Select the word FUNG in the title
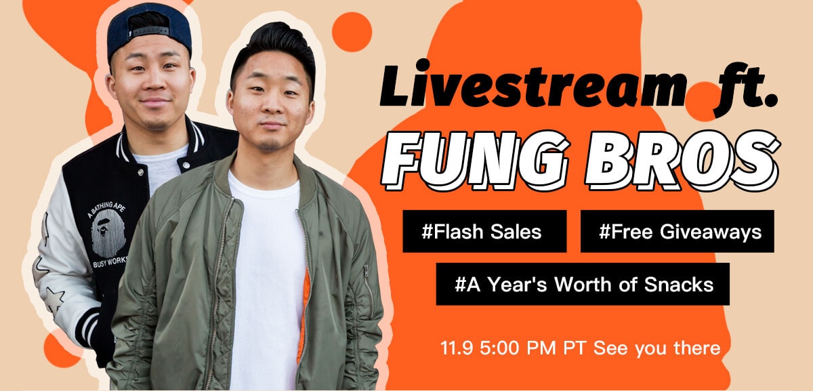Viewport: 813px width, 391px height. [x=474, y=159]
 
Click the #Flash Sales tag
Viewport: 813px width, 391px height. [x=484, y=232]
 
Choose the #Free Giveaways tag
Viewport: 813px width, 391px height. [x=677, y=232]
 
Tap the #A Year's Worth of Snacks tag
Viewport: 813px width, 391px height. [x=583, y=284]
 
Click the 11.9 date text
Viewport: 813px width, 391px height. [x=453, y=349]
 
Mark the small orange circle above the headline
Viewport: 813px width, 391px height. [x=352, y=32]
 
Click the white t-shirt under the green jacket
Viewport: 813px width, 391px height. [x=264, y=271]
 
